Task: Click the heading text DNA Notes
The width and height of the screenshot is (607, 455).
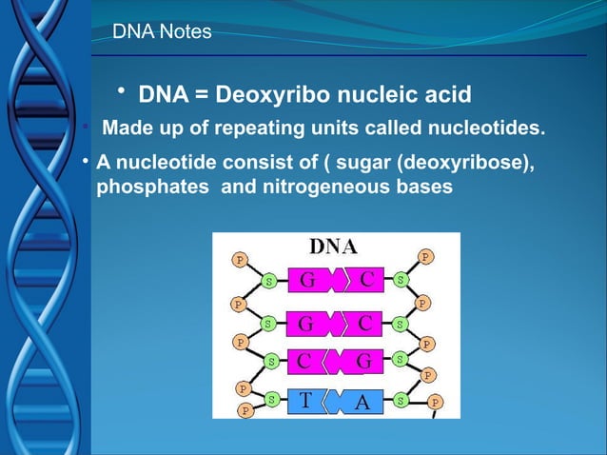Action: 162,33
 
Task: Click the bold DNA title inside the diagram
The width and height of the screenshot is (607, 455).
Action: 333,247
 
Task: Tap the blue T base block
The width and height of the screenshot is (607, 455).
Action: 303,401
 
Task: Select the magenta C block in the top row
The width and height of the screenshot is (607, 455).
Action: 366,279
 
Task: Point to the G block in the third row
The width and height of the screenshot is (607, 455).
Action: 363,361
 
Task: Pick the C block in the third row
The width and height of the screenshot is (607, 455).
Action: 303,361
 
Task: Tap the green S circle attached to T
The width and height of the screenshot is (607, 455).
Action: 272,401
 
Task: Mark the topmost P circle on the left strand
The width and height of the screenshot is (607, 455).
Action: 240,259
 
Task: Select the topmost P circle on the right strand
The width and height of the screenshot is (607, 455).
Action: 425,256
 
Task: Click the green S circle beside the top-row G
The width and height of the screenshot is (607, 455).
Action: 270,282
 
